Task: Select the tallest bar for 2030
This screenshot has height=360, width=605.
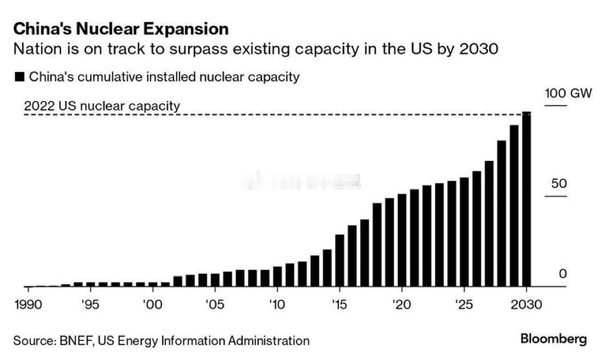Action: pos(526,200)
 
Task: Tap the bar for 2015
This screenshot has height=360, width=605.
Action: pos(339,260)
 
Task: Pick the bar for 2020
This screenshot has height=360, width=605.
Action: pos(401,240)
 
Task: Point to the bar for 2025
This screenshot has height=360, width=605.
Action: pos(464,232)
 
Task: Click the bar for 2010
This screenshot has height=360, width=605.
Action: pos(277,276)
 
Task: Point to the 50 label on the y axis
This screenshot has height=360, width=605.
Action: pos(559,184)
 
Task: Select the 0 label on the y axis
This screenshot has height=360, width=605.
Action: pos(563,274)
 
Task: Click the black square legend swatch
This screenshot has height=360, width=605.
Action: pos(20,77)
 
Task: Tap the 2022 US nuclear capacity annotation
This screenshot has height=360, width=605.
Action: pos(102,106)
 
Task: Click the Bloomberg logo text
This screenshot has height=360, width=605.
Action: pos(553,339)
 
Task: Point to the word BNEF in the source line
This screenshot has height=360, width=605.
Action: pos(76,341)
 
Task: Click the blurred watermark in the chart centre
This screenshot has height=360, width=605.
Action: pos(301,181)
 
